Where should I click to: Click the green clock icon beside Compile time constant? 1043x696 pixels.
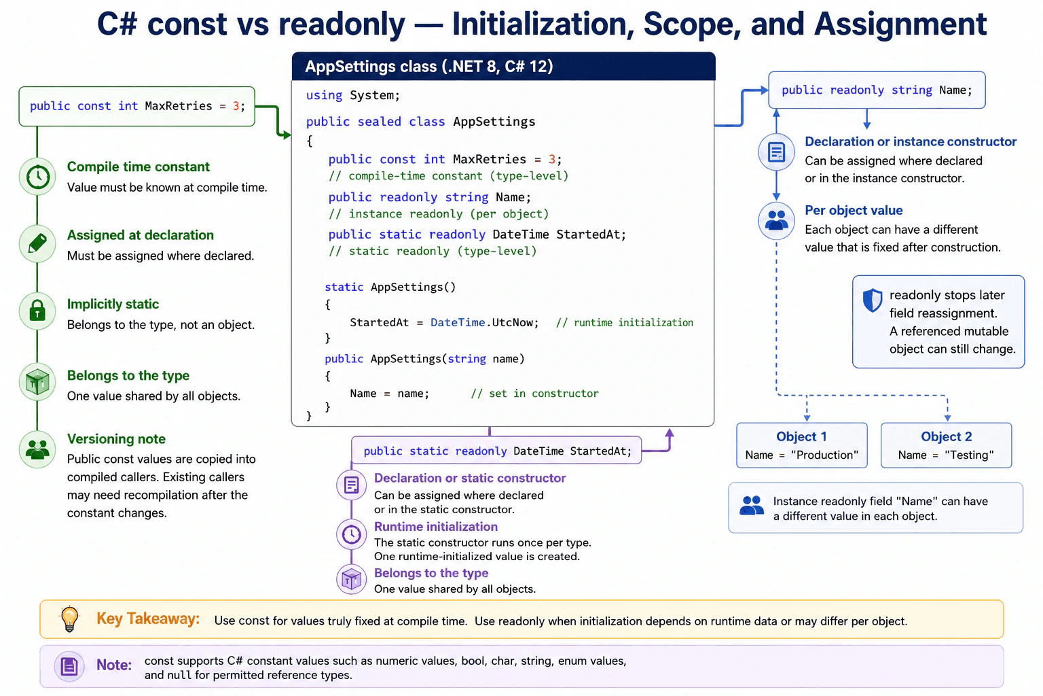[38, 177]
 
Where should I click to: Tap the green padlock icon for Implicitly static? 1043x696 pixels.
[38, 311]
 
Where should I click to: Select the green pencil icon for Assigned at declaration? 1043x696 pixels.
[38, 243]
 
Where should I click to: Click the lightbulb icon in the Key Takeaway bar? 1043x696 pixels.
[69, 619]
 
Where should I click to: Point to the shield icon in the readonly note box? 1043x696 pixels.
[872, 300]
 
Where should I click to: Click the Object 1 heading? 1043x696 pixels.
[801, 437]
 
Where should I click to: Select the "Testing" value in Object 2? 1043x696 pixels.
[970, 455]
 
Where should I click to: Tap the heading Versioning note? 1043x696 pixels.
[116, 438]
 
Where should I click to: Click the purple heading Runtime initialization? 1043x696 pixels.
[436, 526]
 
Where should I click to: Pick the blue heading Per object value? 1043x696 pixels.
[854, 210]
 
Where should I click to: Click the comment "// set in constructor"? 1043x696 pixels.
[534, 394]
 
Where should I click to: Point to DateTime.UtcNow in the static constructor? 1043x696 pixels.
[484, 323]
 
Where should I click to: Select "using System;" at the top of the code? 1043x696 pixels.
[352, 96]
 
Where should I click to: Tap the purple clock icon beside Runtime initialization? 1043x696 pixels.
[351, 534]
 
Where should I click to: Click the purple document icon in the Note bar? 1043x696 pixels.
[69, 666]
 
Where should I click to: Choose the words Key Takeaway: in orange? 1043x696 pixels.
[148, 619]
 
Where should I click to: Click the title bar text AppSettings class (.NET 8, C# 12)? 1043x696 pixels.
[429, 67]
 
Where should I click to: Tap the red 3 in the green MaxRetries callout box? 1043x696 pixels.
[236, 106]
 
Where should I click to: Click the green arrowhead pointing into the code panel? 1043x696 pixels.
[286, 135]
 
